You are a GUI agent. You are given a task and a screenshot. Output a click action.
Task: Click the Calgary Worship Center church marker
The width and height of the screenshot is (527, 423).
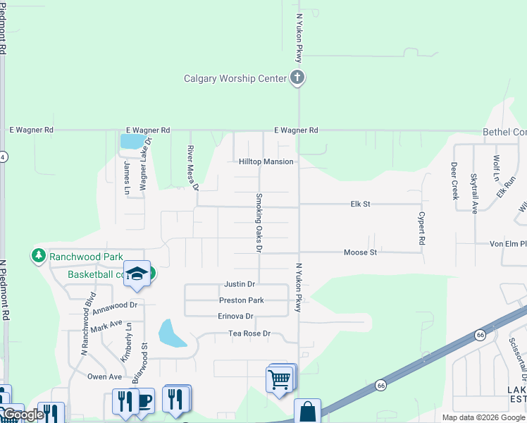point(297,78)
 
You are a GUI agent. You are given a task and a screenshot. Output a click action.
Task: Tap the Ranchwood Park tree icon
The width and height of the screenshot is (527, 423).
point(39,256)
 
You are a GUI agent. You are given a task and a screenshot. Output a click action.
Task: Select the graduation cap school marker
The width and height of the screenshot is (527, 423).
point(137,274)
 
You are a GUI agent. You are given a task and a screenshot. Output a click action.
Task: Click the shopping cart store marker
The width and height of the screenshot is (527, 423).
point(280,380)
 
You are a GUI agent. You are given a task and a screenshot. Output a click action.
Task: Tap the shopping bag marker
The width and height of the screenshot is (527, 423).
point(307,412)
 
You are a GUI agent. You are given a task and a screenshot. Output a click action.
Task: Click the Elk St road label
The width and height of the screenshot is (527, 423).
point(361,204)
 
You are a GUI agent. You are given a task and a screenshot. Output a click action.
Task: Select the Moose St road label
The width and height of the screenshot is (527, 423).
point(360,252)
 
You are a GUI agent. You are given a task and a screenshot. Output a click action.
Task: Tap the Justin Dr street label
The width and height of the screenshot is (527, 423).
point(240,284)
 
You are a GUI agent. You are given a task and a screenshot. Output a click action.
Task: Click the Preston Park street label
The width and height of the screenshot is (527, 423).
point(241,300)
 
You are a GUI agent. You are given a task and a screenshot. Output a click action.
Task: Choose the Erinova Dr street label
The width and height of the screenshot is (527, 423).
point(235,316)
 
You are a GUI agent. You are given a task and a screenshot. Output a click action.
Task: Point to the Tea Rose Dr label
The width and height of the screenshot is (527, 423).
point(249,333)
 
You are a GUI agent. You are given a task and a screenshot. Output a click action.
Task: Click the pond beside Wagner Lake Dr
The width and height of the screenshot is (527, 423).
point(130,141)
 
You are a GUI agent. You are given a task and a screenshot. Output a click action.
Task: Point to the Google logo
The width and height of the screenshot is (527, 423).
point(23,415)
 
